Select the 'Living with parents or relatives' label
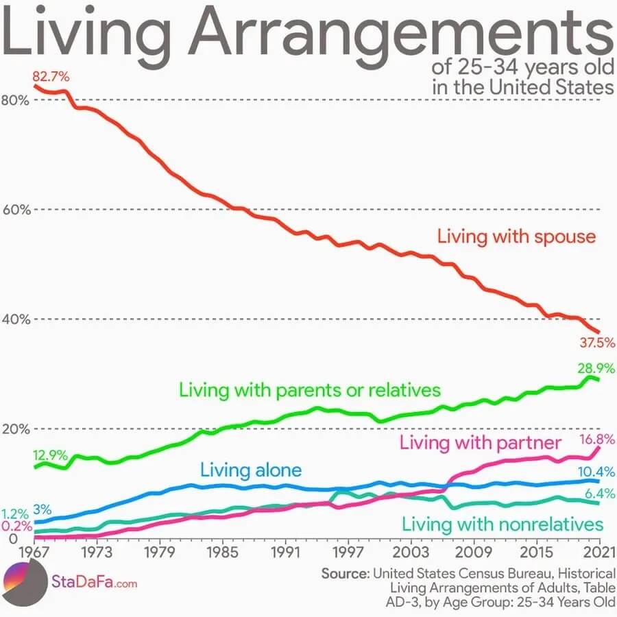tap(309, 390)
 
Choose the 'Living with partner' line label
tap(481, 442)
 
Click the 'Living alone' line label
tap(251, 470)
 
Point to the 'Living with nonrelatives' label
tap(503, 525)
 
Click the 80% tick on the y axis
tap(14, 99)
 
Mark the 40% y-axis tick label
tap(14, 319)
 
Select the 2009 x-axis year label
tap(474, 551)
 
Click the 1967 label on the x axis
tap(33, 551)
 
